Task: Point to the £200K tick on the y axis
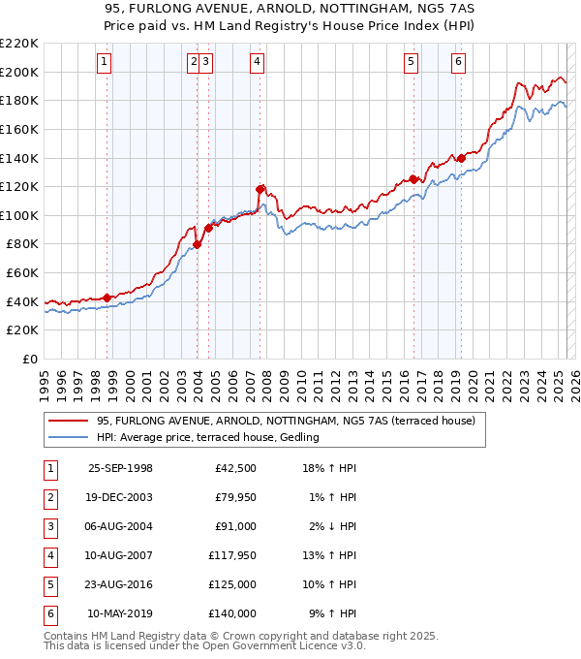pyautogui.click(x=20, y=72)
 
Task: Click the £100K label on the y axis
pyautogui.click(x=20, y=215)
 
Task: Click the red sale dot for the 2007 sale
pyautogui.click(x=260, y=190)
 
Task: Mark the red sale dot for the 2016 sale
pyautogui.click(x=413, y=179)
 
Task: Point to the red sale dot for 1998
pyautogui.click(x=107, y=298)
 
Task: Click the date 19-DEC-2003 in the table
pyautogui.click(x=120, y=498)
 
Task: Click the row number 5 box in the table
pyautogui.click(x=49, y=584)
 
